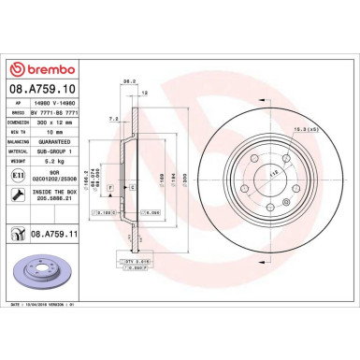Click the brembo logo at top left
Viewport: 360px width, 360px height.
click(x=36, y=68)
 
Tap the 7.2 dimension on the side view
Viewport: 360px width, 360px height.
click(x=113, y=120)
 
